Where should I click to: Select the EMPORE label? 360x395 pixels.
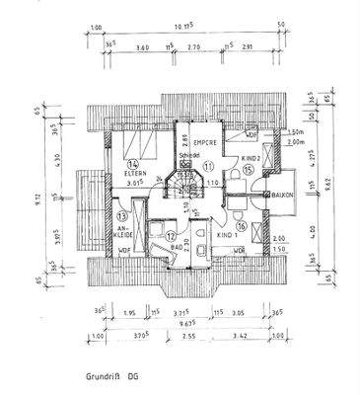(x=204, y=142)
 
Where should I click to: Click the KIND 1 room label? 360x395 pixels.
(x=230, y=237)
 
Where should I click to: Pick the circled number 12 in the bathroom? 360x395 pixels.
(x=170, y=235)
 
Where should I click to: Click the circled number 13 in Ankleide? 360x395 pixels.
(x=120, y=215)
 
